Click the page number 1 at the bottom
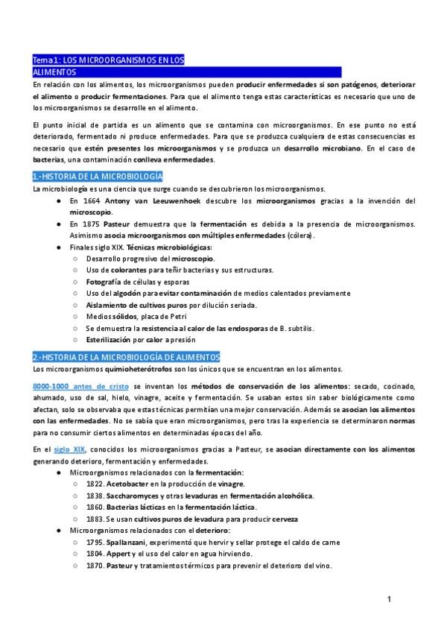[388, 598]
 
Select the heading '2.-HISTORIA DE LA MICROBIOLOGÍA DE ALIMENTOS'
[126, 357]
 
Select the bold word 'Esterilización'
[115, 340]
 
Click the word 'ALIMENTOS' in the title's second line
[54, 72]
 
